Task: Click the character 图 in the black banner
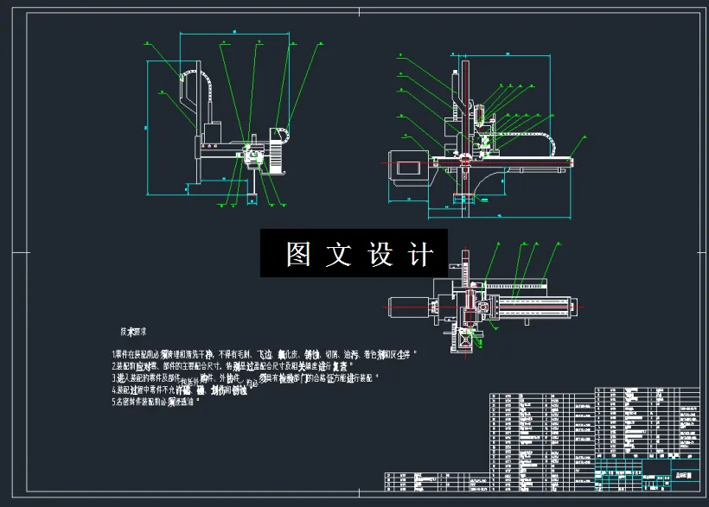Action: click(x=298, y=255)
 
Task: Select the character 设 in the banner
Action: click(x=380, y=255)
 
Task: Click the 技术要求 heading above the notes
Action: click(x=133, y=331)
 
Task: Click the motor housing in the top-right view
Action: click(x=406, y=163)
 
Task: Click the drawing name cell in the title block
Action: click(x=682, y=474)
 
